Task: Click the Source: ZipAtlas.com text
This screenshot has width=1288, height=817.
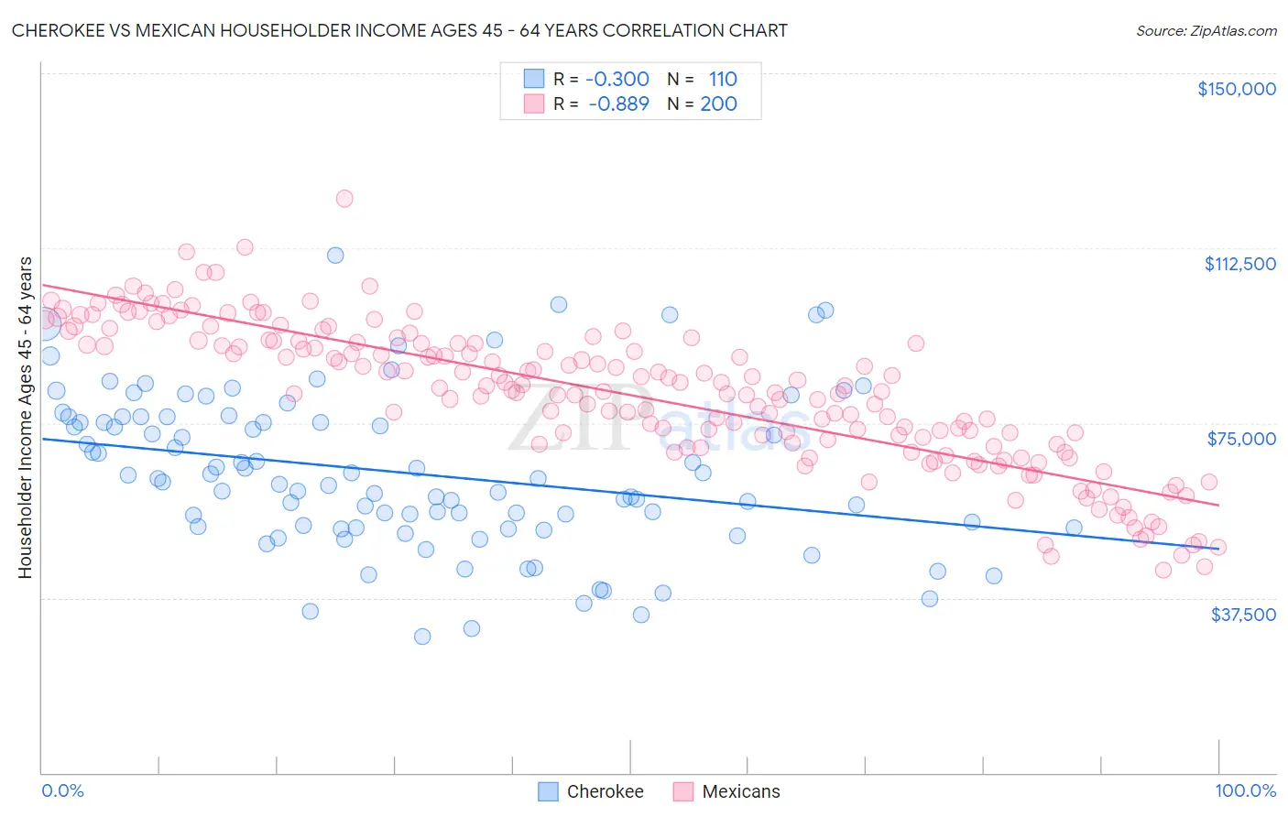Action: pyautogui.click(x=1206, y=30)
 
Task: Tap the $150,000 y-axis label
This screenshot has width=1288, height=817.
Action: pyautogui.click(x=1236, y=89)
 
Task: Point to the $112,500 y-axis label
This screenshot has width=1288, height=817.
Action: pyautogui.click(x=1239, y=264)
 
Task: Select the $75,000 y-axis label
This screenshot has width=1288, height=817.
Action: pyautogui.click(x=1240, y=439)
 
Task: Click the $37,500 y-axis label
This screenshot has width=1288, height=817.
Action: pyautogui.click(x=1242, y=615)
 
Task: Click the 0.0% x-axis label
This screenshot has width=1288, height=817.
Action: pyautogui.click(x=63, y=790)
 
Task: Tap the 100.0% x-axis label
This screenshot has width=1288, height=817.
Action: pyautogui.click(x=1245, y=790)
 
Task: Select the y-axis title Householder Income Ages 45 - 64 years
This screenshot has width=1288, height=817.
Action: pyautogui.click(x=25, y=417)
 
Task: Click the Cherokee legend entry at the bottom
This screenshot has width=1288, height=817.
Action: pyautogui.click(x=605, y=791)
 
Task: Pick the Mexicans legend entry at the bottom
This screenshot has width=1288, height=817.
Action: pyautogui.click(x=740, y=791)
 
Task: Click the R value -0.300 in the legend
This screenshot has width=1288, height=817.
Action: pyautogui.click(x=617, y=79)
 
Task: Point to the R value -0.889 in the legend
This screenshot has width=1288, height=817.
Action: pyautogui.click(x=618, y=103)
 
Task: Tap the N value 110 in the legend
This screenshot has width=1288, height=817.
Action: pyautogui.click(x=723, y=79)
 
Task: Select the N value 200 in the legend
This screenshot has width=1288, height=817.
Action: pyautogui.click(x=718, y=103)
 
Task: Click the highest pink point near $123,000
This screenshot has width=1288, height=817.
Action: pyautogui.click(x=344, y=198)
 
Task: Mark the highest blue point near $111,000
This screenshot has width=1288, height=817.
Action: pyautogui.click(x=335, y=256)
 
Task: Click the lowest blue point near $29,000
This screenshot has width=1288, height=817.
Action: pyautogui.click(x=422, y=636)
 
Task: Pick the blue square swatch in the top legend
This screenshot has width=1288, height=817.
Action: pyautogui.click(x=534, y=79)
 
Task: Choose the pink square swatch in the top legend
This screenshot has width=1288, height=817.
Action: pyautogui.click(x=534, y=103)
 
